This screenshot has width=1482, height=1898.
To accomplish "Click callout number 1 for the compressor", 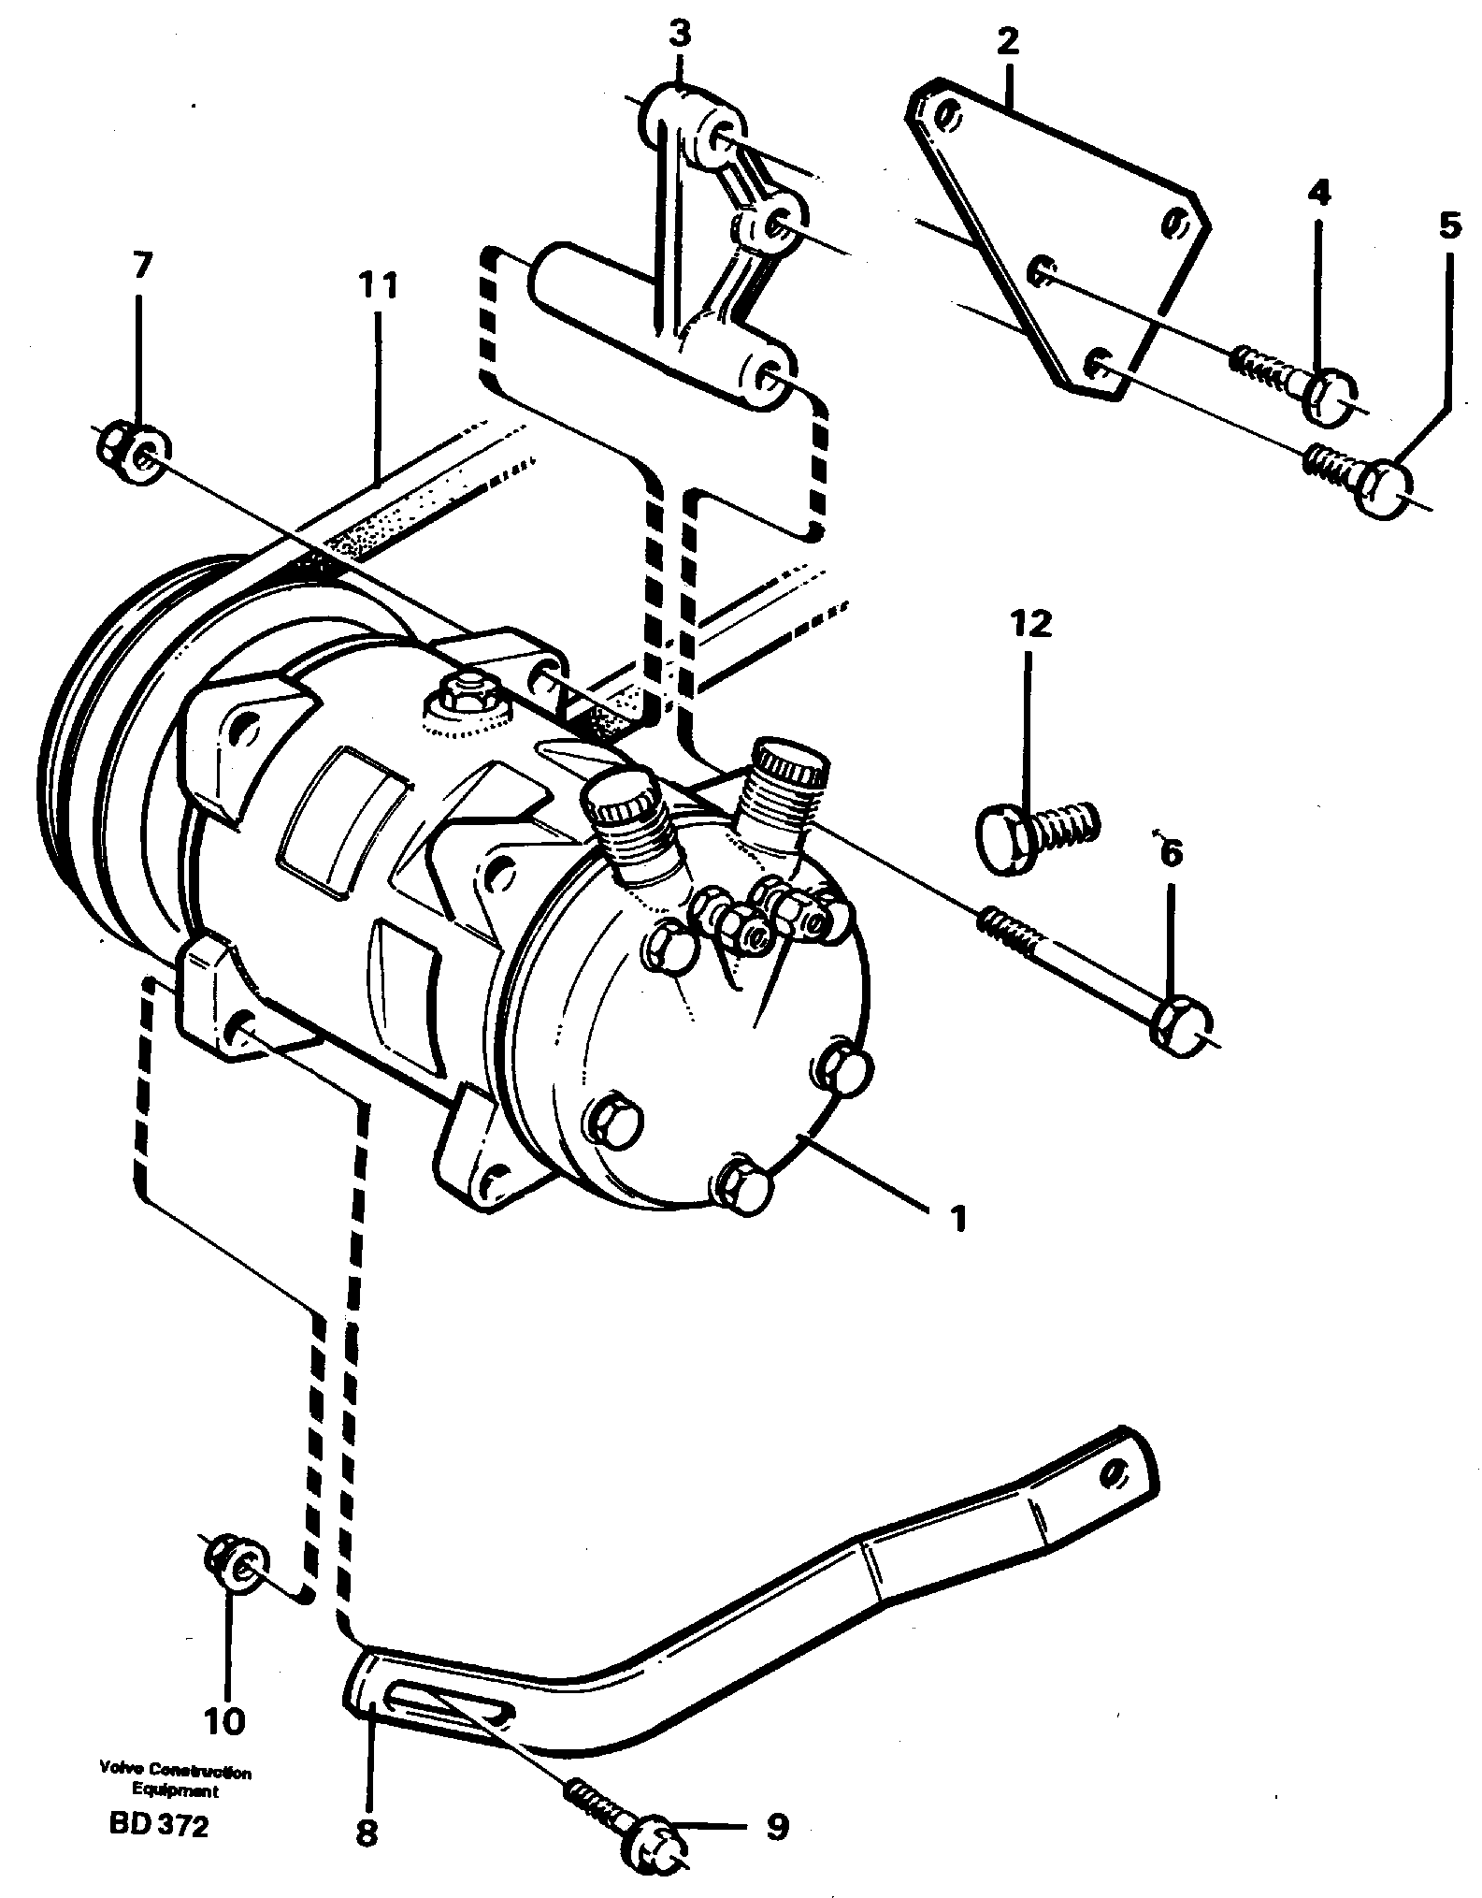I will (957, 1219).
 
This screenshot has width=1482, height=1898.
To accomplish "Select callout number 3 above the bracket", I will (680, 36).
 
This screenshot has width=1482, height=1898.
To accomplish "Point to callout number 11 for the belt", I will (377, 286).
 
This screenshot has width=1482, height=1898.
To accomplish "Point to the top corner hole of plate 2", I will (947, 117).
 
